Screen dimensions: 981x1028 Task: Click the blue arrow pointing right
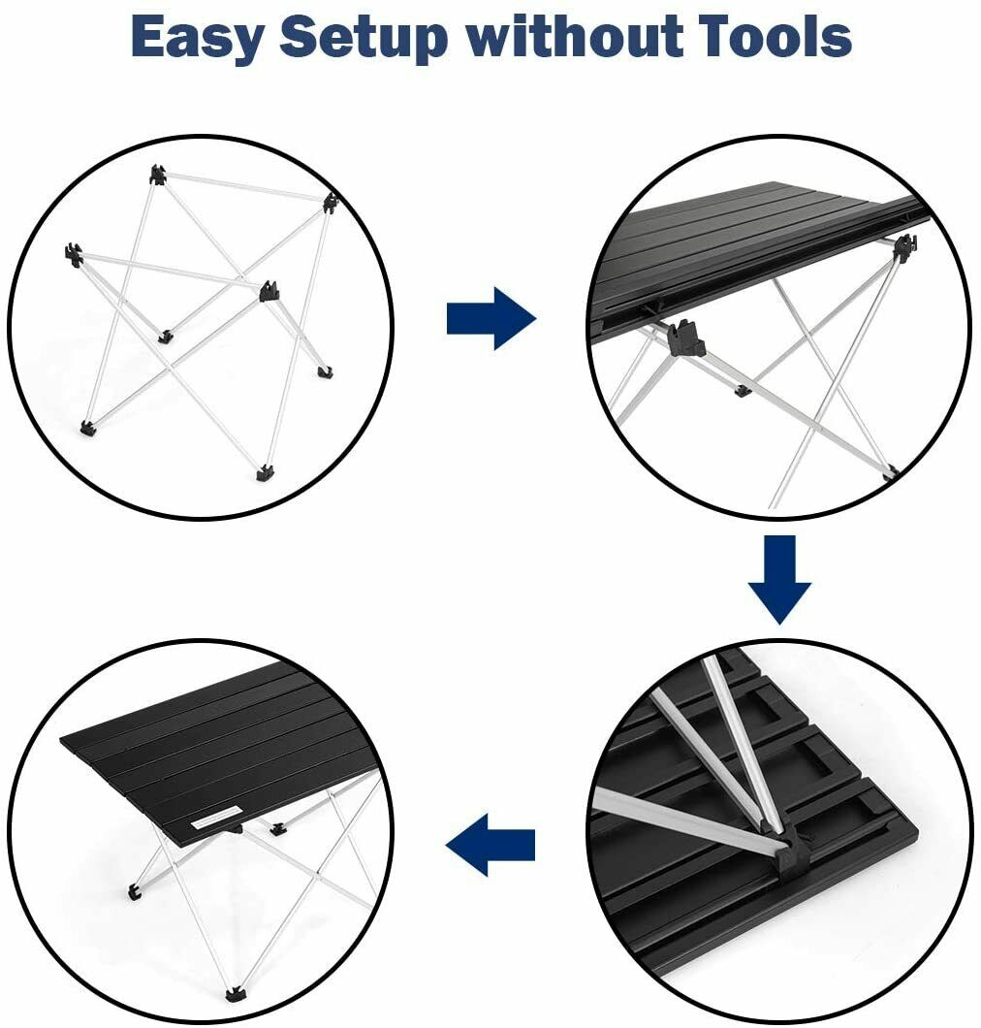[491, 318]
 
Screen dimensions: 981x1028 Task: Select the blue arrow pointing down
[779, 580]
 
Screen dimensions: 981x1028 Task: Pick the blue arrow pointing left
[490, 845]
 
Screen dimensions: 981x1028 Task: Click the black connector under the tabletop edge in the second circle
[684, 337]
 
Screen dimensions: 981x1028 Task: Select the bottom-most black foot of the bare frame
[264, 472]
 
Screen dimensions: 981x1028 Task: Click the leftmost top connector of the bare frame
[74, 254]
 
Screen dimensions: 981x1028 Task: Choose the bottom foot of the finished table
[234, 995]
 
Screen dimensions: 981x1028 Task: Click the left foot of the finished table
[135, 891]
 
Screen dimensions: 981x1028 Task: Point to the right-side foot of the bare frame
[325, 372]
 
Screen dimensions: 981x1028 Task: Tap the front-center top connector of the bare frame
[269, 290]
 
